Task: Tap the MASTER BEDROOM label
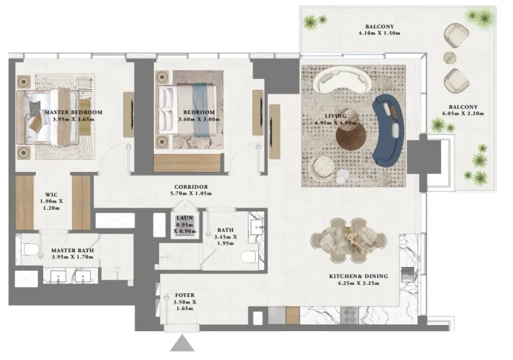73,112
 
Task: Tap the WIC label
52,193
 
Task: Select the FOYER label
185,295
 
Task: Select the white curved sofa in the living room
341,81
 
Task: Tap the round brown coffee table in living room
351,135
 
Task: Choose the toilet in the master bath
29,248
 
